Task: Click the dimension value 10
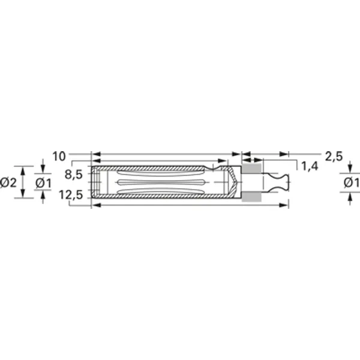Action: pos(58,157)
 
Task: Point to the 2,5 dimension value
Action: pos(333,157)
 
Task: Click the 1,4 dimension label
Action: pos(310,166)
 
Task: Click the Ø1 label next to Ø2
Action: pos(43,182)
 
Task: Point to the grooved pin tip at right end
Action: pos(282,182)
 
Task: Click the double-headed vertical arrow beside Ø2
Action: pos(23,182)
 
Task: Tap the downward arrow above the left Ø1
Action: pos(43,169)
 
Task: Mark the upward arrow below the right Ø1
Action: pos(350,197)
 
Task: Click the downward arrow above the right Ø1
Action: pos(350,169)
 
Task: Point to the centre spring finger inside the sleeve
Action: pos(162,182)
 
